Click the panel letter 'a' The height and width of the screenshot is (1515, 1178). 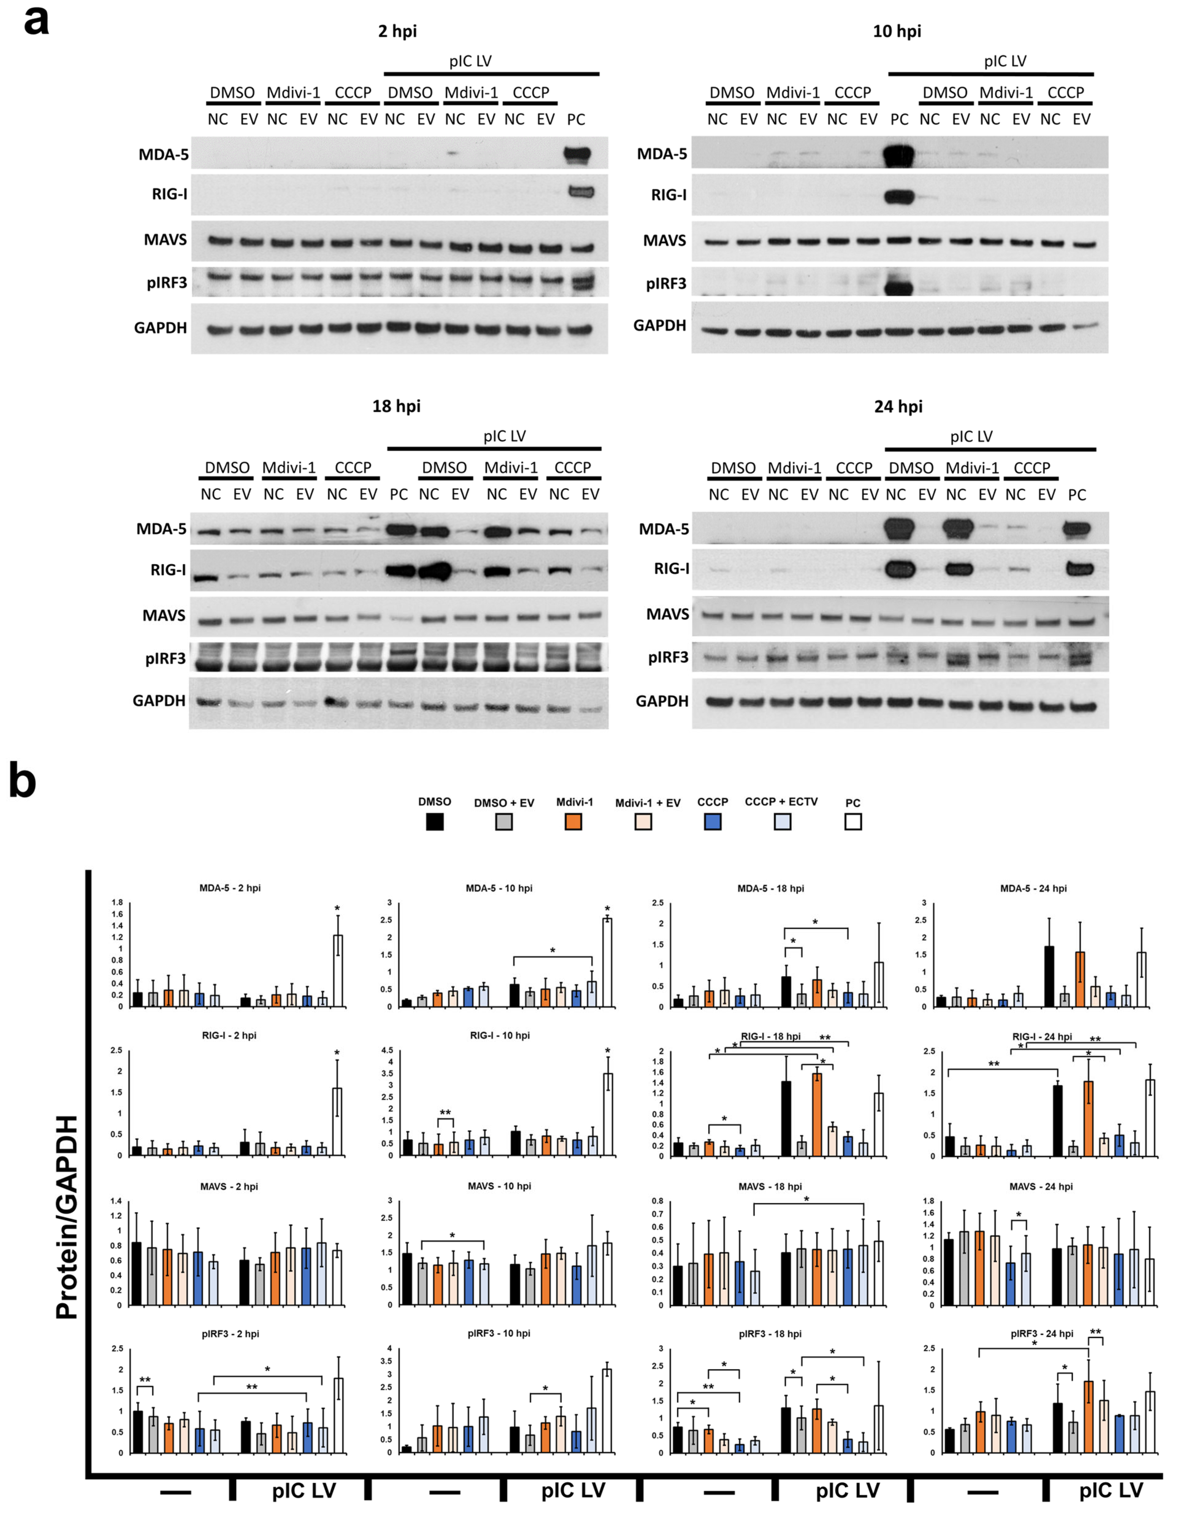(36, 21)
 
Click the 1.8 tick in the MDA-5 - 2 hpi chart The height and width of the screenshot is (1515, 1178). (117, 903)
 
